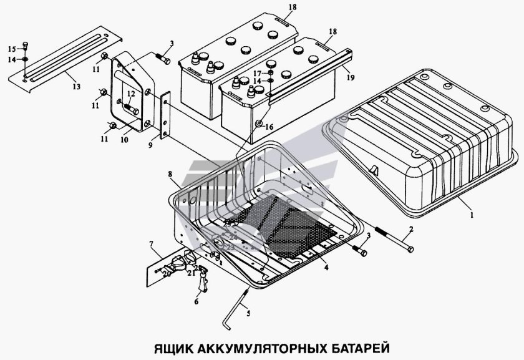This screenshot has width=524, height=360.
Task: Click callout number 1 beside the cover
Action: [472, 214]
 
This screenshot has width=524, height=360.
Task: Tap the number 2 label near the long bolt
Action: [411, 229]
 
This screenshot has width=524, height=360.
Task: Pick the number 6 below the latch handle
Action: [196, 301]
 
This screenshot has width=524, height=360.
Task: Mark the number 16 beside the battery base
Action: [269, 126]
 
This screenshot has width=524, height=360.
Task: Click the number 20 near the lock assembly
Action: [167, 273]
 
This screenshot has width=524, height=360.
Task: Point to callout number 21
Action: [192, 273]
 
